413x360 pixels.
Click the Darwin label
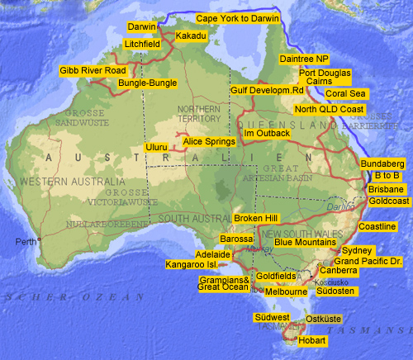[141, 27]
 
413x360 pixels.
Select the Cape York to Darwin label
[237, 18]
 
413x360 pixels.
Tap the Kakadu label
[192, 36]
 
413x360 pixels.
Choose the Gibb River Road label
[92, 71]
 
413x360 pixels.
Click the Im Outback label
[267, 133]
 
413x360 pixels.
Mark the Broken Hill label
[256, 218]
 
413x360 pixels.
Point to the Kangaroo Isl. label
[190, 264]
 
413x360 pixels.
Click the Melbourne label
[286, 291]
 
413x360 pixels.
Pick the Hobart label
[312, 341]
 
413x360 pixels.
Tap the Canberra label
[338, 270]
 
